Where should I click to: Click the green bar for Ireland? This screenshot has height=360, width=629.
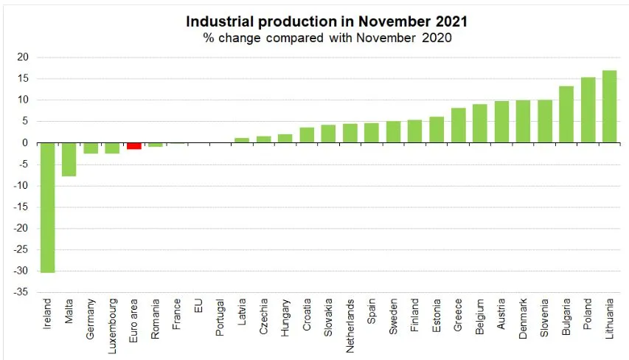tap(47, 207)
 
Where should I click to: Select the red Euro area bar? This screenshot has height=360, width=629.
tap(133, 146)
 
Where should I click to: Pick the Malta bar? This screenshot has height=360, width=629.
tap(69, 159)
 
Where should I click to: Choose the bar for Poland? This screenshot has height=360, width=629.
tap(588, 110)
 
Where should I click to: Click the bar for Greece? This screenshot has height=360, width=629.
tap(458, 125)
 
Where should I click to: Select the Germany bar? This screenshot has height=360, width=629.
tap(91, 148)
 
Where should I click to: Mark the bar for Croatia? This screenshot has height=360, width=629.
tap(307, 135)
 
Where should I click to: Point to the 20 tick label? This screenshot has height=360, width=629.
tap(23, 58)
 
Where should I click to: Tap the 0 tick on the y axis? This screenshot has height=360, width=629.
tap(25, 143)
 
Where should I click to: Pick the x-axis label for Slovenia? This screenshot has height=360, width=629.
tap(545, 317)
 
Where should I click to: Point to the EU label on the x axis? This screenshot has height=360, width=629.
tap(198, 305)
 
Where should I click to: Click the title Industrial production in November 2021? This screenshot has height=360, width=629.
tap(326, 21)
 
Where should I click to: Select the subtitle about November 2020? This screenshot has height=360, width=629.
tap(326, 38)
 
